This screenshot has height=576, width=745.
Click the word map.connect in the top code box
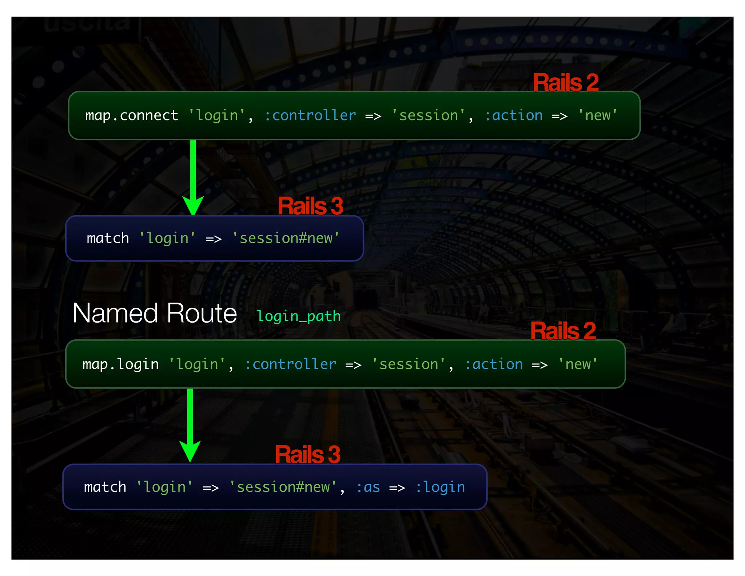(132, 116)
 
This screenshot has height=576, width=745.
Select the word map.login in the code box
(120, 364)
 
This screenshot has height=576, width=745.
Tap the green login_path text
(298, 316)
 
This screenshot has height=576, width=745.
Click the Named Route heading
(155, 313)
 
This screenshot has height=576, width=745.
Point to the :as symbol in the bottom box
(368, 487)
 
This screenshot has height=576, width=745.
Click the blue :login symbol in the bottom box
(440, 487)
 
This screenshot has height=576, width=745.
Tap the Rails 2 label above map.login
(563, 331)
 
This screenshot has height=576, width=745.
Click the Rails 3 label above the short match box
(310, 206)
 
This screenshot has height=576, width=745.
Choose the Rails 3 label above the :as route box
(307, 454)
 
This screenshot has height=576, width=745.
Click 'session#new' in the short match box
(286, 238)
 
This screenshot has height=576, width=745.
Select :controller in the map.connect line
(310, 116)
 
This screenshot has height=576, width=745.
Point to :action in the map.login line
(494, 364)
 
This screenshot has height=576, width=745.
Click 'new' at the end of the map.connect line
(598, 116)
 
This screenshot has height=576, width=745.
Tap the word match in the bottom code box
(105, 487)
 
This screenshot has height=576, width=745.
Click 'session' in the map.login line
(409, 364)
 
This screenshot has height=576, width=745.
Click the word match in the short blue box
(108, 238)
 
